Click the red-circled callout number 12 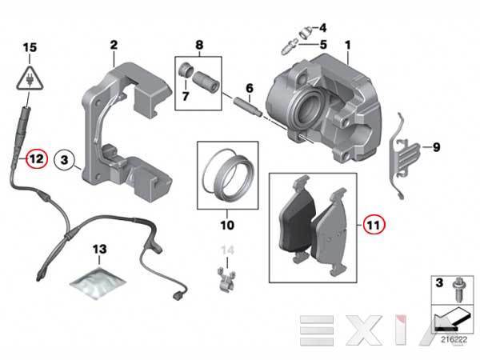pyautogui.click(x=37, y=159)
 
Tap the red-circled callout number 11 pyautogui.click(x=374, y=224)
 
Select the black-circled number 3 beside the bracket pyautogui.click(x=64, y=160)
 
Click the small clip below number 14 pyautogui.click(x=227, y=279)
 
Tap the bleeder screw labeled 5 pyautogui.click(x=288, y=46)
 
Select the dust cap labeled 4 pyautogui.click(x=306, y=32)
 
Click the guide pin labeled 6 pyautogui.click(x=247, y=106)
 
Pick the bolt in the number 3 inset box pyautogui.click(x=458, y=290)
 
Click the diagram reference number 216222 pyautogui.click(x=454, y=339)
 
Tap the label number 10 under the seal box pyautogui.click(x=227, y=225)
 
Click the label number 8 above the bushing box pyautogui.click(x=199, y=45)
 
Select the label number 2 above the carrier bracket pyautogui.click(x=114, y=45)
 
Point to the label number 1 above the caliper pyautogui.click(x=347, y=46)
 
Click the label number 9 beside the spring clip pyautogui.click(x=436, y=147)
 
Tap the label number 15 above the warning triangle pyautogui.click(x=30, y=47)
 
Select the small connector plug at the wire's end pyautogui.click(x=178, y=297)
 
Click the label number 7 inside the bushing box pyautogui.click(x=186, y=97)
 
